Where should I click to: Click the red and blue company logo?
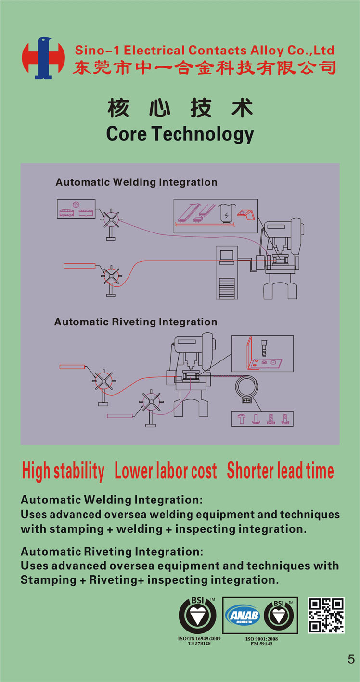pyautogui.click(x=43, y=58)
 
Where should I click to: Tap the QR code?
pyautogui.click(x=326, y=615)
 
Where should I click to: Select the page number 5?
pyautogui.click(x=351, y=659)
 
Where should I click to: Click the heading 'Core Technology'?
pyautogui.click(x=180, y=134)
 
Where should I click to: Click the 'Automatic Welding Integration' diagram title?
pyautogui.click(x=136, y=182)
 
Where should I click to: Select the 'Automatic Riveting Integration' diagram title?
pyautogui.click(x=136, y=322)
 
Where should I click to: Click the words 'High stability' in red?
pyautogui.click(x=63, y=471)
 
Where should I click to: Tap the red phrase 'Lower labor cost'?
pyautogui.click(x=166, y=471)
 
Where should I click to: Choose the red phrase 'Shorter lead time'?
pyautogui.click(x=280, y=471)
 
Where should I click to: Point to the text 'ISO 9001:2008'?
pyautogui.click(x=261, y=639)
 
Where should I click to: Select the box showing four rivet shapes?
pyautogui.click(x=262, y=419)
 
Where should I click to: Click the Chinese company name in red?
pyautogui.click(x=204, y=67)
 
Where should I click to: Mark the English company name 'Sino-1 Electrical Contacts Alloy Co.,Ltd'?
pyautogui.click(x=204, y=50)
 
